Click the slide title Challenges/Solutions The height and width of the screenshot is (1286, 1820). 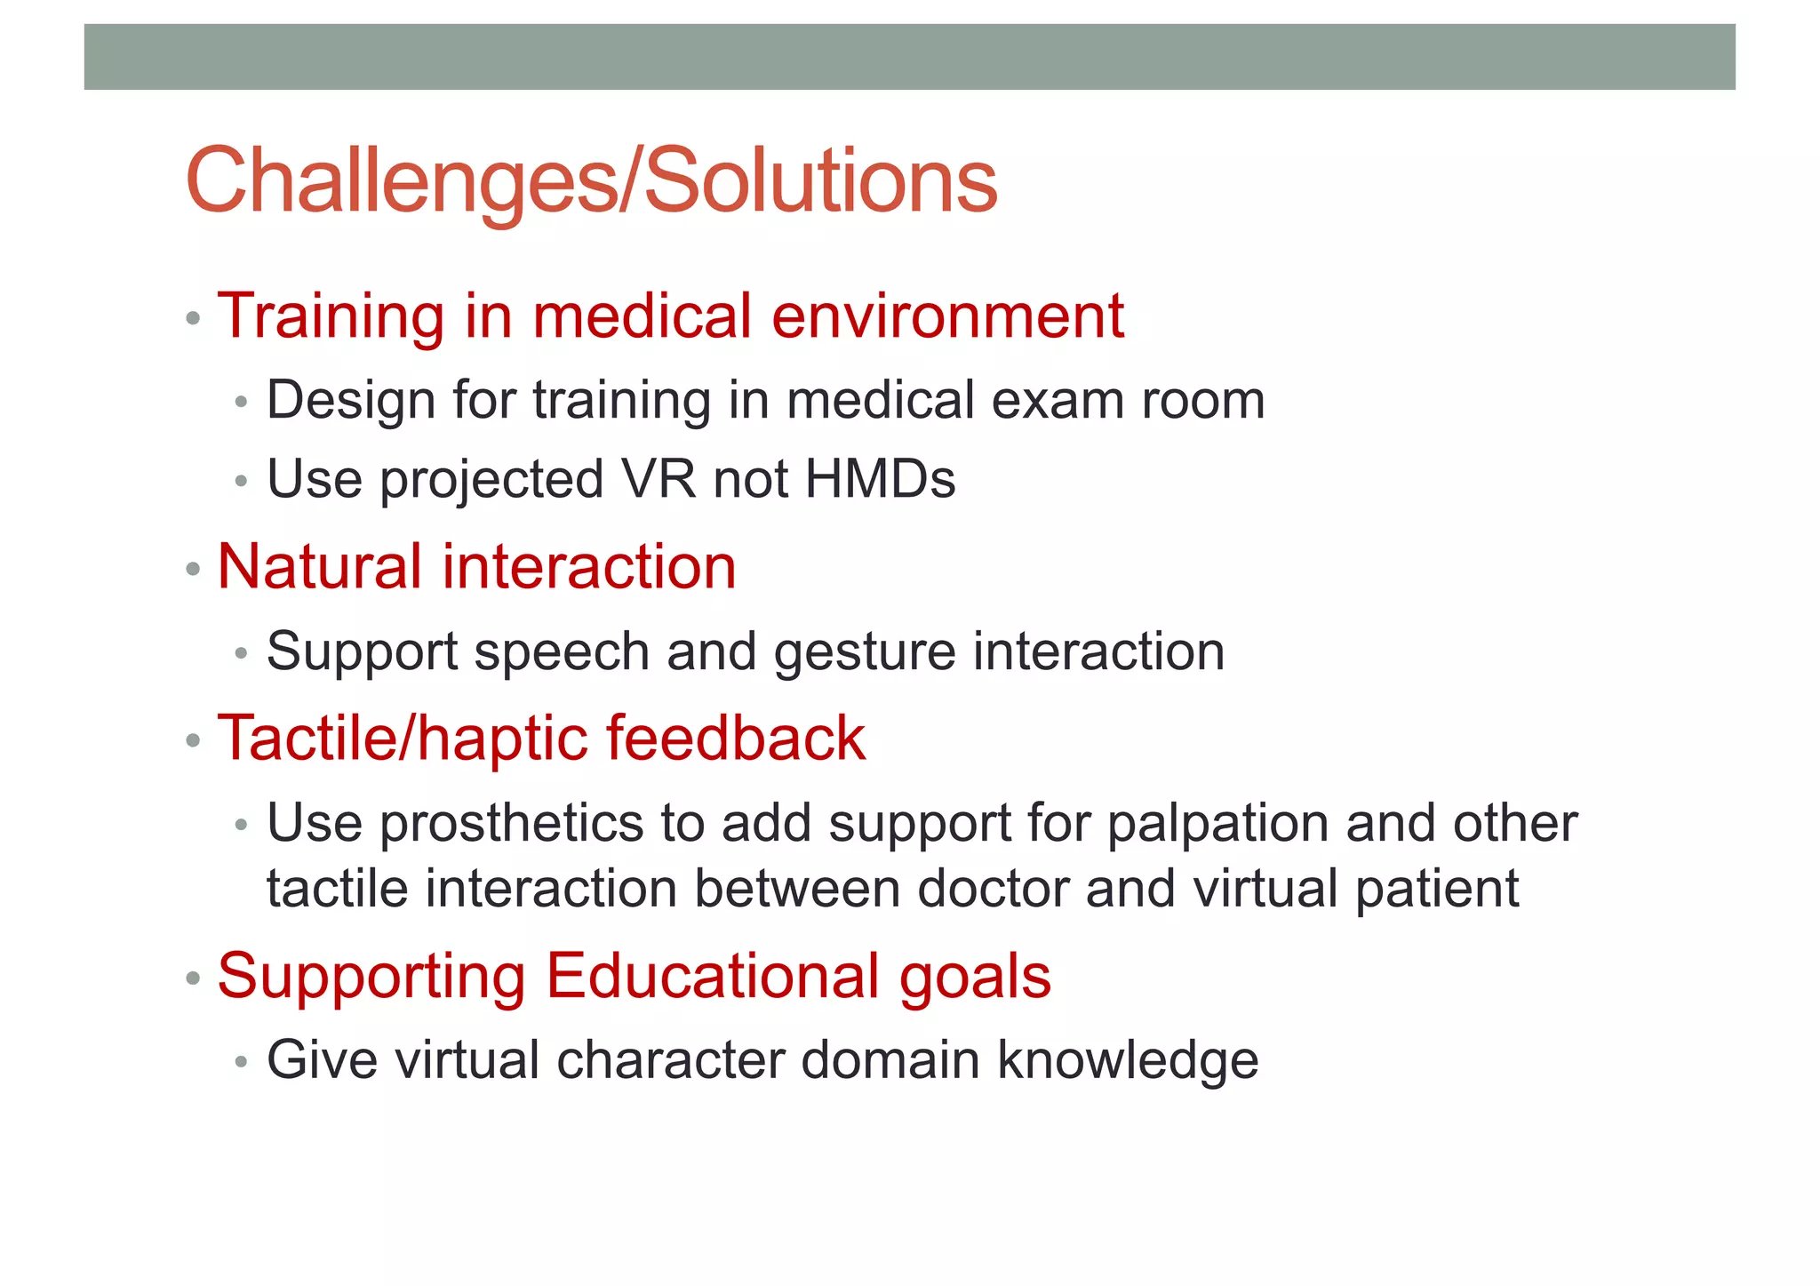pyautogui.click(x=591, y=181)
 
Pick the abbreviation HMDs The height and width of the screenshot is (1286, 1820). pyautogui.click(x=880, y=480)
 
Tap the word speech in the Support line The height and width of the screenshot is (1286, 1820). pyautogui.click(x=562, y=653)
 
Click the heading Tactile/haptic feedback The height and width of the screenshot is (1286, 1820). pyautogui.click(x=541, y=739)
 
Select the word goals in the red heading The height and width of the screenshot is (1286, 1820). pyautogui.click(x=975, y=977)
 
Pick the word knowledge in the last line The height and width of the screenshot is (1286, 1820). pyautogui.click(x=1128, y=1061)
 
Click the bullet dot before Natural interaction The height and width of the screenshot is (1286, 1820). pyautogui.click(x=193, y=569)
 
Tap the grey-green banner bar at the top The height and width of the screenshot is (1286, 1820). pyautogui.click(x=909, y=57)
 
